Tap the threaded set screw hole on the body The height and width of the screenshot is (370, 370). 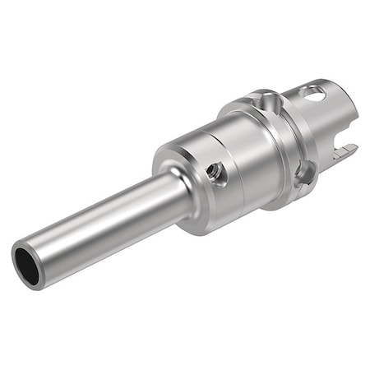pyautogui.click(x=216, y=173)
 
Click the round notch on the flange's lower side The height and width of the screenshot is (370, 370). pyautogui.click(x=305, y=171)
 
